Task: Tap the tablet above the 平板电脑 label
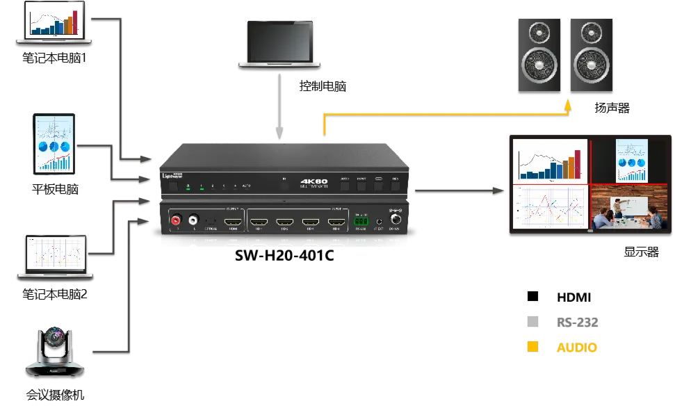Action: pyautogui.click(x=54, y=144)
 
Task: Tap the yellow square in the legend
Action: pyautogui.click(x=533, y=346)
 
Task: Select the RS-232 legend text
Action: pyautogui.click(x=577, y=322)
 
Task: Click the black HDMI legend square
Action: pyautogui.click(x=533, y=297)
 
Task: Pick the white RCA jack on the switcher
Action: pyautogui.click(x=195, y=220)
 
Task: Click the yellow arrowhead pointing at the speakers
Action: pyautogui.click(x=569, y=106)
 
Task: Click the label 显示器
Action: pyautogui.click(x=640, y=252)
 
